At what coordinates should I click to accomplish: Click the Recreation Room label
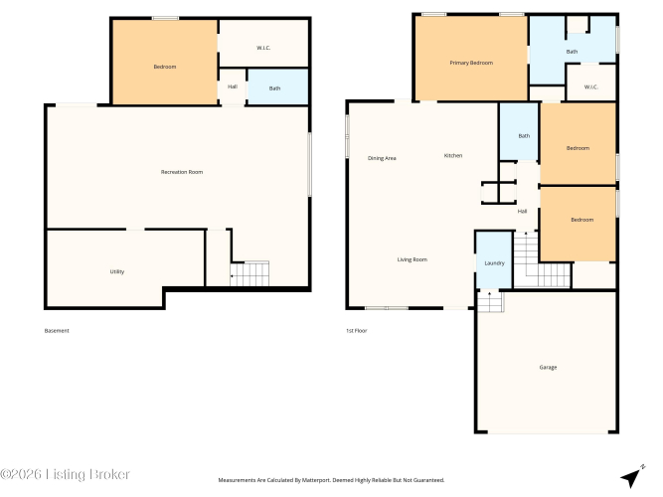point(182,172)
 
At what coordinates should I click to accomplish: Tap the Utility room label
point(117,271)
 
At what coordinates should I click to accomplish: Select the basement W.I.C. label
point(263,48)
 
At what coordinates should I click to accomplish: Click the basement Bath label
point(274,88)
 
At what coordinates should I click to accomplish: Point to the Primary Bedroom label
point(471,63)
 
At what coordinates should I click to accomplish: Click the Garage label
point(548,367)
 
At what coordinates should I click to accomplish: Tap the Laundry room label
point(494,263)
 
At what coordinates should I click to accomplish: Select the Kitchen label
point(453,156)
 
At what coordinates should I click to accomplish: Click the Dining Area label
point(382,158)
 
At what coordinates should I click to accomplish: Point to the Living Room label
point(413,259)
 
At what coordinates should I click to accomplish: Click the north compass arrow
point(632,476)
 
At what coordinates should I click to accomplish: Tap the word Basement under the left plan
point(57,331)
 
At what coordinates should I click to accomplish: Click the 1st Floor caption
point(357,331)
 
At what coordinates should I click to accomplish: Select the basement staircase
point(249,273)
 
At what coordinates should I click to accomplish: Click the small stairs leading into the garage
point(490,301)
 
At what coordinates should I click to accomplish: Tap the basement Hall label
point(233,86)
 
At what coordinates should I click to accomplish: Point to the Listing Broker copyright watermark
point(66,474)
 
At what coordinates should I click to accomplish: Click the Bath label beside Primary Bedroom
point(573,52)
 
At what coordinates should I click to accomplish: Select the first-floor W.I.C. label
point(591,87)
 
